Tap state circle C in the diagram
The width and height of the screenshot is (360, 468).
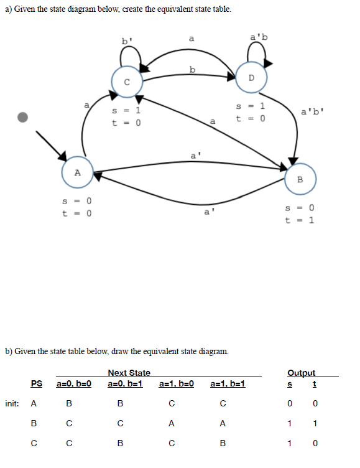(127, 81)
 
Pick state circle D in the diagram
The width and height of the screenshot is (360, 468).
(251, 78)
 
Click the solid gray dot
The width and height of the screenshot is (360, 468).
(24, 117)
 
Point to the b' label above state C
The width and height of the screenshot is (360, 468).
(126, 42)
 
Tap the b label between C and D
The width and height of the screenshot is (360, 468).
(193, 69)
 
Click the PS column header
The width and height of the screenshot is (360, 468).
(37, 383)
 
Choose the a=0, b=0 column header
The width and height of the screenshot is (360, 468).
(74, 383)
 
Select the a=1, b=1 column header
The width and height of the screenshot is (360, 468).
(228, 383)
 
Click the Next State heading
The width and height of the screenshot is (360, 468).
(129, 373)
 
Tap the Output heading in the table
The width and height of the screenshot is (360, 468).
(301, 373)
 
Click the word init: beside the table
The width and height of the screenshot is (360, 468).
(12, 403)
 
